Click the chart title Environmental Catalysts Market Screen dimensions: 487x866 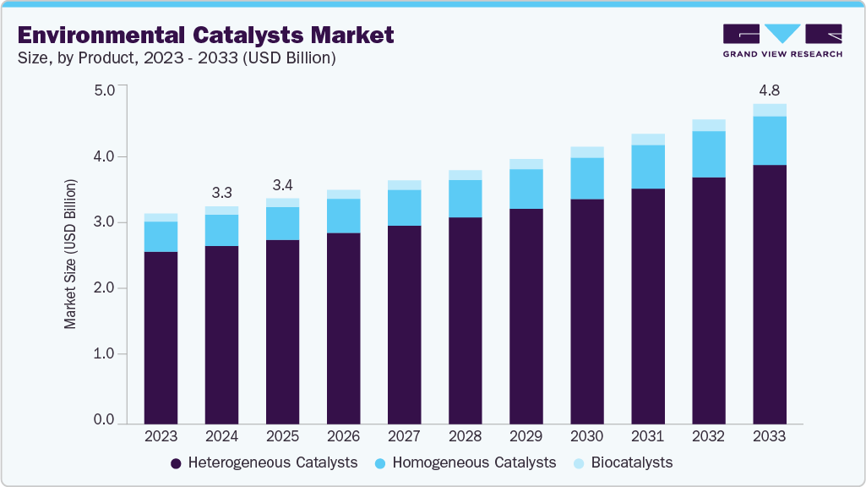(x=205, y=35)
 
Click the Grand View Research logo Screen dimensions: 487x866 (x=782, y=40)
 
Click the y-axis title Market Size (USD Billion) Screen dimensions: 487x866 (x=71, y=254)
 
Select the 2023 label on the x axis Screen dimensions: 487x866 (x=161, y=437)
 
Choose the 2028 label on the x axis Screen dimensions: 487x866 (x=465, y=437)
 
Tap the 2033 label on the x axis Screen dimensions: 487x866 (x=769, y=437)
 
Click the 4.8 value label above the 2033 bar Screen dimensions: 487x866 (x=769, y=89)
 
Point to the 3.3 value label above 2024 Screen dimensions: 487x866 (x=221, y=191)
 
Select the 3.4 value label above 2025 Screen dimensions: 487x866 (x=282, y=184)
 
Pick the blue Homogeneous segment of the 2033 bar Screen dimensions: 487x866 (x=769, y=140)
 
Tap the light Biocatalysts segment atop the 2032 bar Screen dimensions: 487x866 (x=708, y=125)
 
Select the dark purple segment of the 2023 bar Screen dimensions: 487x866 (x=161, y=338)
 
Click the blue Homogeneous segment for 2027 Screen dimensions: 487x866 (x=404, y=208)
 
